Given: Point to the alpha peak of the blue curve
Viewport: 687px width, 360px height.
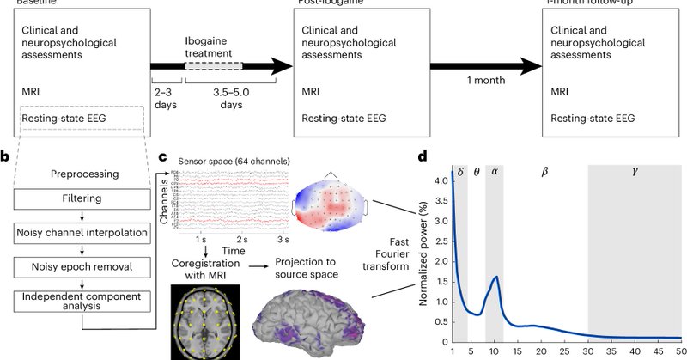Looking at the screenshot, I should click(x=495, y=278).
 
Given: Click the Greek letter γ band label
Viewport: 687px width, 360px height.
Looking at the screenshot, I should click(x=635, y=171).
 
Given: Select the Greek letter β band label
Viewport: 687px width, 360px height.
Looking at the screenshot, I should click(x=544, y=171).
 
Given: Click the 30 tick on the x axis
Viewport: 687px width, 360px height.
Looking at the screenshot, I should click(x=587, y=351).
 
